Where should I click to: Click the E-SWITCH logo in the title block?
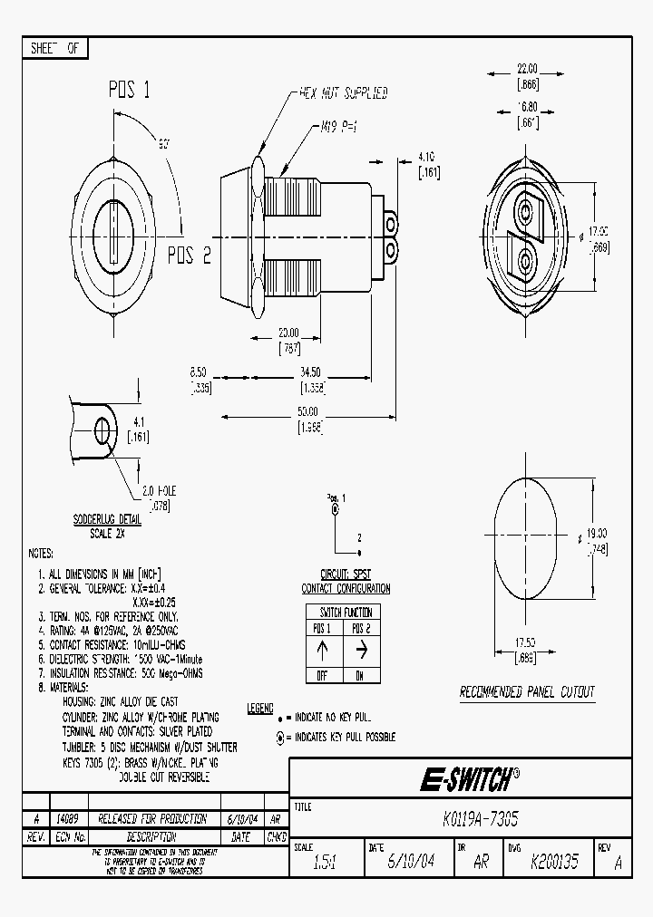click(x=469, y=778)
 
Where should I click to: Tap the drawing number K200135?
click(x=554, y=863)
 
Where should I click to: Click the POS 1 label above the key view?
click(x=130, y=90)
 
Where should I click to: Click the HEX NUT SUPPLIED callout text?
click(x=343, y=92)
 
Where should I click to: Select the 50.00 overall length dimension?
click(x=308, y=410)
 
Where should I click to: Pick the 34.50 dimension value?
click(x=310, y=372)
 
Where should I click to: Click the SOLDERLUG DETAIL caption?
click(x=106, y=520)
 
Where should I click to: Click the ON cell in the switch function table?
click(x=361, y=676)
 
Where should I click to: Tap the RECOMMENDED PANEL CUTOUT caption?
click(x=527, y=692)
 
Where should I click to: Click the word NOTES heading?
click(x=41, y=554)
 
